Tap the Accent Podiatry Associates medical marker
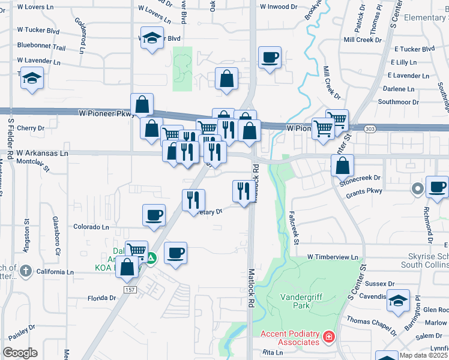(x=328, y=337)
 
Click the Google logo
(x=20, y=352)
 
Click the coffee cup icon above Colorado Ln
(x=154, y=215)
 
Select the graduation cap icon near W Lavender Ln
(x=32, y=79)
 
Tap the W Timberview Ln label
(x=333, y=256)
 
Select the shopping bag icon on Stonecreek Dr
(x=343, y=165)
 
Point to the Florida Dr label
(x=101, y=298)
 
